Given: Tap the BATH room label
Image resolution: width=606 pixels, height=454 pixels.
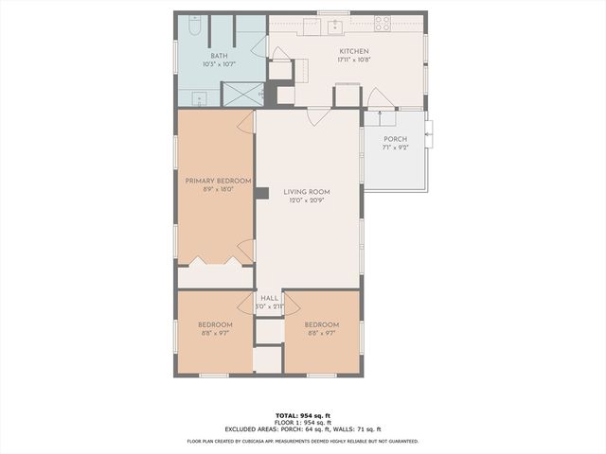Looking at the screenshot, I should pyautogui.click(x=219, y=56).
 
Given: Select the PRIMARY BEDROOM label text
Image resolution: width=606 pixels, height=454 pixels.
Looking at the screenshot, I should pyautogui.click(x=218, y=181).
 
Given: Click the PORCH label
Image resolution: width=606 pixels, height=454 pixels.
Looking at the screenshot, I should pyautogui.click(x=395, y=139).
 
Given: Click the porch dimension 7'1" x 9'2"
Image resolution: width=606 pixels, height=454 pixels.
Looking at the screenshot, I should pyautogui.click(x=395, y=148).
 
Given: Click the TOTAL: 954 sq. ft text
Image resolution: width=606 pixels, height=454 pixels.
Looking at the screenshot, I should pyautogui.click(x=303, y=415).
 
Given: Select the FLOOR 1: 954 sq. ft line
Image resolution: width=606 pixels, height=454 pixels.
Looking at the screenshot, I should pyautogui.click(x=303, y=423).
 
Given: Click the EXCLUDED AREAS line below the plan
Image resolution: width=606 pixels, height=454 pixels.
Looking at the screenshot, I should pyautogui.click(x=303, y=430).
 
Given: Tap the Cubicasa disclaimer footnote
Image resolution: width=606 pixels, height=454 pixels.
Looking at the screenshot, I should pyautogui.click(x=303, y=441).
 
